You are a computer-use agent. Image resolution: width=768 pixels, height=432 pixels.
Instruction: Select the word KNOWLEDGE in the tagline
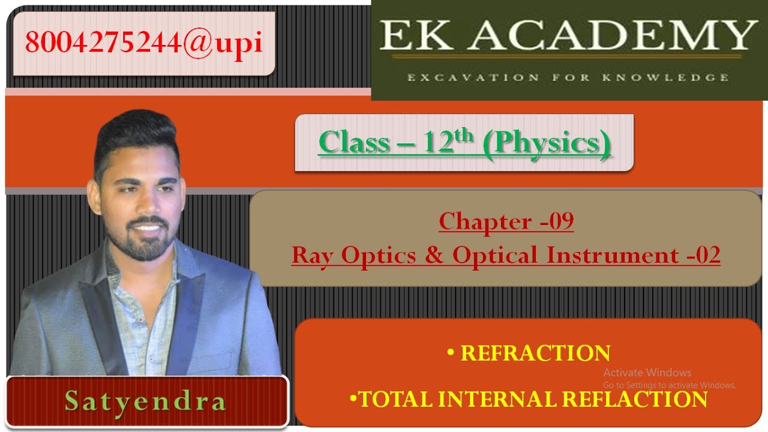pyautogui.click(x=677, y=77)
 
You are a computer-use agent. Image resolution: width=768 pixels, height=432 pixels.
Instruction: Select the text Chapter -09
pyautogui.click(x=506, y=221)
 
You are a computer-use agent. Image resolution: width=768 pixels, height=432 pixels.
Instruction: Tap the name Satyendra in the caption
pyautogui.click(x=145, y=401)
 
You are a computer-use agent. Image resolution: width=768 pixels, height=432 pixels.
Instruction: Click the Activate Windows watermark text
pyautogui.click(x=647, y=373)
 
